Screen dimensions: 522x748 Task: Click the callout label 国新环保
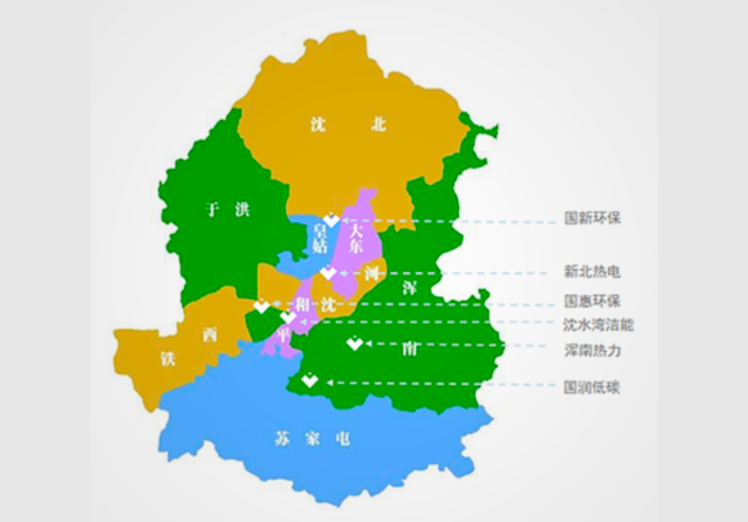point(592,218)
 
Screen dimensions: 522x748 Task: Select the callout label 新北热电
point(592,272)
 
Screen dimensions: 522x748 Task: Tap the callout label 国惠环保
point(592,300)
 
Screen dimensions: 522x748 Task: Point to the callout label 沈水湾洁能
point(598,324)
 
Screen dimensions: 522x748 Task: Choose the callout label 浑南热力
point(592,350)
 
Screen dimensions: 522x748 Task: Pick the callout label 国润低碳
point(592,387)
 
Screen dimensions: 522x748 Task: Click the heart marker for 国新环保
point(331,219)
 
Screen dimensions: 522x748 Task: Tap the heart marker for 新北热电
point(328,273)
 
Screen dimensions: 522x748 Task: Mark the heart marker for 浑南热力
point(354,344)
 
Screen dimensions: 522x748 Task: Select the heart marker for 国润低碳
point(309,381)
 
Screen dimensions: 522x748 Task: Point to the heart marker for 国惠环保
point(261,306)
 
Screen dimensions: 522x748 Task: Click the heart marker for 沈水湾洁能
point(288,317)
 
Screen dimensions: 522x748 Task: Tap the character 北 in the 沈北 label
point(379,124)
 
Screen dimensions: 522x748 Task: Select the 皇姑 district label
point(321,238)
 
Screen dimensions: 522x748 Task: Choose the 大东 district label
point(355,238)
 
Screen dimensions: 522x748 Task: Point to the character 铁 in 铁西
point(169,359)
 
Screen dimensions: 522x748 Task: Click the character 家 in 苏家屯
point(310,439)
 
